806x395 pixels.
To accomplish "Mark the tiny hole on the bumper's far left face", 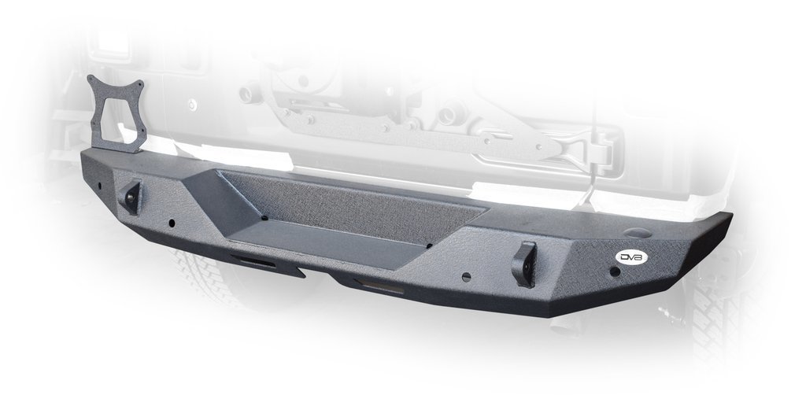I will (101, 186).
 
